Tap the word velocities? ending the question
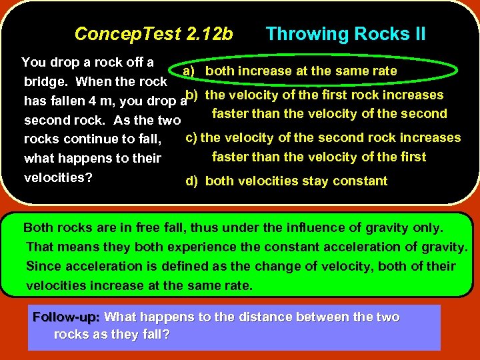(58, 179)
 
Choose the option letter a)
(189, 71)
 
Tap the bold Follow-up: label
(66, 317)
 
